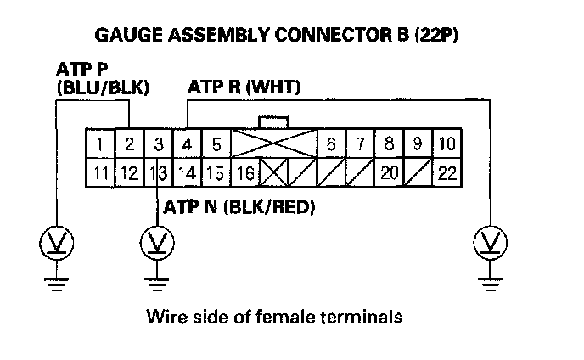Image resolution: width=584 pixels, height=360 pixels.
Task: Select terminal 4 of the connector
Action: pos(188,144)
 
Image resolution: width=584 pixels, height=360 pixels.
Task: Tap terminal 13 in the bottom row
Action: pos(158,174)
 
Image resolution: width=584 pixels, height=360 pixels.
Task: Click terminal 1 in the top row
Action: pos(100,144)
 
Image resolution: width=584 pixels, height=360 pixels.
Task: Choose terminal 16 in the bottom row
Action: pos(244,174)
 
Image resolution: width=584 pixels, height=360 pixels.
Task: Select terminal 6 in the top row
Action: pos(331,144)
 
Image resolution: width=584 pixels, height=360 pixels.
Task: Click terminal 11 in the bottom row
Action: pos(100,174)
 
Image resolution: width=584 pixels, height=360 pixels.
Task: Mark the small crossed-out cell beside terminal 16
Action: pos(273,174)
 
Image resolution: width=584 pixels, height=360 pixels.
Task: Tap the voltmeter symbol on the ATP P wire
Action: pos(56,244)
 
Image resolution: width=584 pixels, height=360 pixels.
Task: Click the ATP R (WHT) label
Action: pos(243,87)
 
